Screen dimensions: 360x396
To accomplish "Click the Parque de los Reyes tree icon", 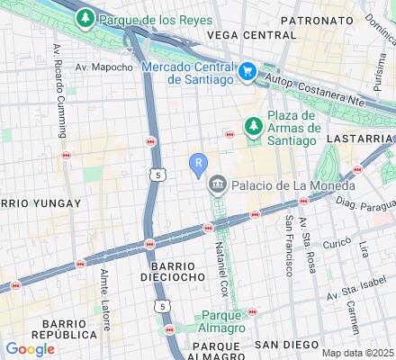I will pyautogui.click(x=85, y=18).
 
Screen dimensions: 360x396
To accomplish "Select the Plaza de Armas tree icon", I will pyautogui.click(x=253, y=127).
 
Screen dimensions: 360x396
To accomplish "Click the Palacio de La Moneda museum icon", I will pyautogui.click(x=217, y=186).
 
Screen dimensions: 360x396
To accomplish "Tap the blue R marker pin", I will pyautogui.click(x=199, y=164).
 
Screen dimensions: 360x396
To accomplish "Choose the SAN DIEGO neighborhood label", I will pyautogui.click(x=286, y=345).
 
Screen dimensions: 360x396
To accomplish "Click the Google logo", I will pyautogui.click(x=30, y=348).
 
